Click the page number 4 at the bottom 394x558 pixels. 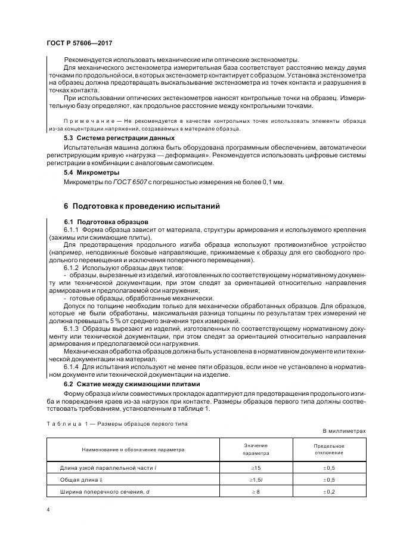48,510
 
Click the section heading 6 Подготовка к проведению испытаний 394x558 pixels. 142,206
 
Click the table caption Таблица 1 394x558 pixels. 66,424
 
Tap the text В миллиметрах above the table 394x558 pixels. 344,430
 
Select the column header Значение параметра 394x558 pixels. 256,449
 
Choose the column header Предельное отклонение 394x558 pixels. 329,449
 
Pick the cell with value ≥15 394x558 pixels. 256,469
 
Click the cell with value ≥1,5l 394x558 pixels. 256,480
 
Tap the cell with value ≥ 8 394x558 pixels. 256,491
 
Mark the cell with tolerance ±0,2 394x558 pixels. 329,491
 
